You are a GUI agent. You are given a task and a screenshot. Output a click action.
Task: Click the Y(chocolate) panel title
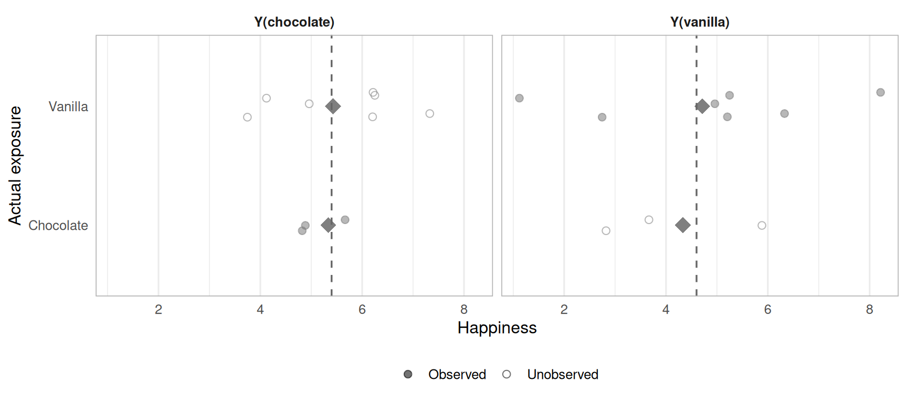point(294,22)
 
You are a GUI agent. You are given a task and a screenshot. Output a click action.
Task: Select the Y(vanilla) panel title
point(700,22)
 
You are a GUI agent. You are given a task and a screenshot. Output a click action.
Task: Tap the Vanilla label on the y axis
point(68,107)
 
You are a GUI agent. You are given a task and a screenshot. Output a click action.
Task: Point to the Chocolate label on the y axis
point(58,226)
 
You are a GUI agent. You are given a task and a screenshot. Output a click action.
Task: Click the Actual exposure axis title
point(15,165)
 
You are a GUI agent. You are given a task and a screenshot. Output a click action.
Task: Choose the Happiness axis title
point(497,328)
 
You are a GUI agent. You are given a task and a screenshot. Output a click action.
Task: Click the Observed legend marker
point(408,374)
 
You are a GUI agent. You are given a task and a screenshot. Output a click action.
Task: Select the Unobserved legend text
point(563,374)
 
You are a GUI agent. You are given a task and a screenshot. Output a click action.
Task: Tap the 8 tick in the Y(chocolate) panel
point(464,310)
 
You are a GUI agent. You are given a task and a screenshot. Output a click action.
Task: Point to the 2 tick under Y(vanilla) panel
point(564,310)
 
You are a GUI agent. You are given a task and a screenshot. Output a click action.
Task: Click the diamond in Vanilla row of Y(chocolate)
point(333,107)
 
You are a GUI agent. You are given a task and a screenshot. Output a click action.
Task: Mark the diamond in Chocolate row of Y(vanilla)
point(682,225)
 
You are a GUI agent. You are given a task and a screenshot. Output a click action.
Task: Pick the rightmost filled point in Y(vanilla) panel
point(880,92)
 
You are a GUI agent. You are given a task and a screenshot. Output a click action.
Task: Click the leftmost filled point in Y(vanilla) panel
point(519,98)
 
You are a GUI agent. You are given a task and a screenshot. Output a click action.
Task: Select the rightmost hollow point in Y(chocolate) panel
point(429,114)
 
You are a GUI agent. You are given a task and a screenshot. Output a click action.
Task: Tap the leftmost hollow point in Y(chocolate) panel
point(247,117)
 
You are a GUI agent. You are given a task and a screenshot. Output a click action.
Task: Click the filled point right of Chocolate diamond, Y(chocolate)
point(345,220)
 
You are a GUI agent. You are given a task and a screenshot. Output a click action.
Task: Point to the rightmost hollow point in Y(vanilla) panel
point(762,226)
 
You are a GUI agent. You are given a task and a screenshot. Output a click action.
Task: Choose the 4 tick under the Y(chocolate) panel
point(260,310)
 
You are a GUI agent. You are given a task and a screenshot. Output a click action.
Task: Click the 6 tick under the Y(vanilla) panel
point(768,310)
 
